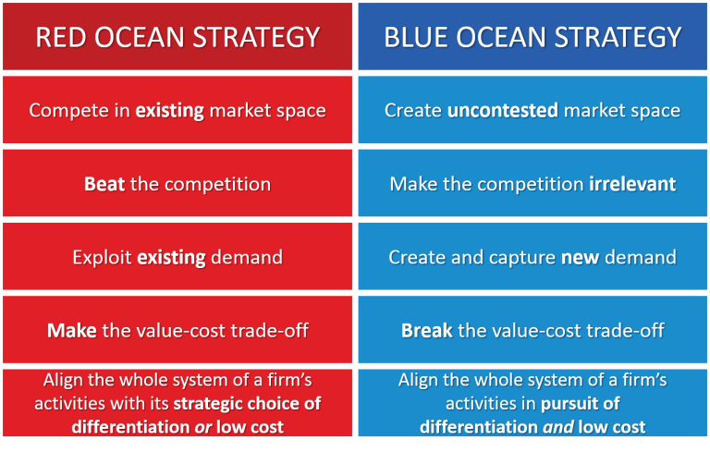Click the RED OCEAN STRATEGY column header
177,37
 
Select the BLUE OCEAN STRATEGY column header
532,37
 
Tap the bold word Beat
104,184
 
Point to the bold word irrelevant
632,184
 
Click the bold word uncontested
503,110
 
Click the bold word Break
426,330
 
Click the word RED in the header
57,37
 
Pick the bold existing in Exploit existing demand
172,257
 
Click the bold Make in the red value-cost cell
72,330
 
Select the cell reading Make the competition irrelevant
532,184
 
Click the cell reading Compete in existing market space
177,110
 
